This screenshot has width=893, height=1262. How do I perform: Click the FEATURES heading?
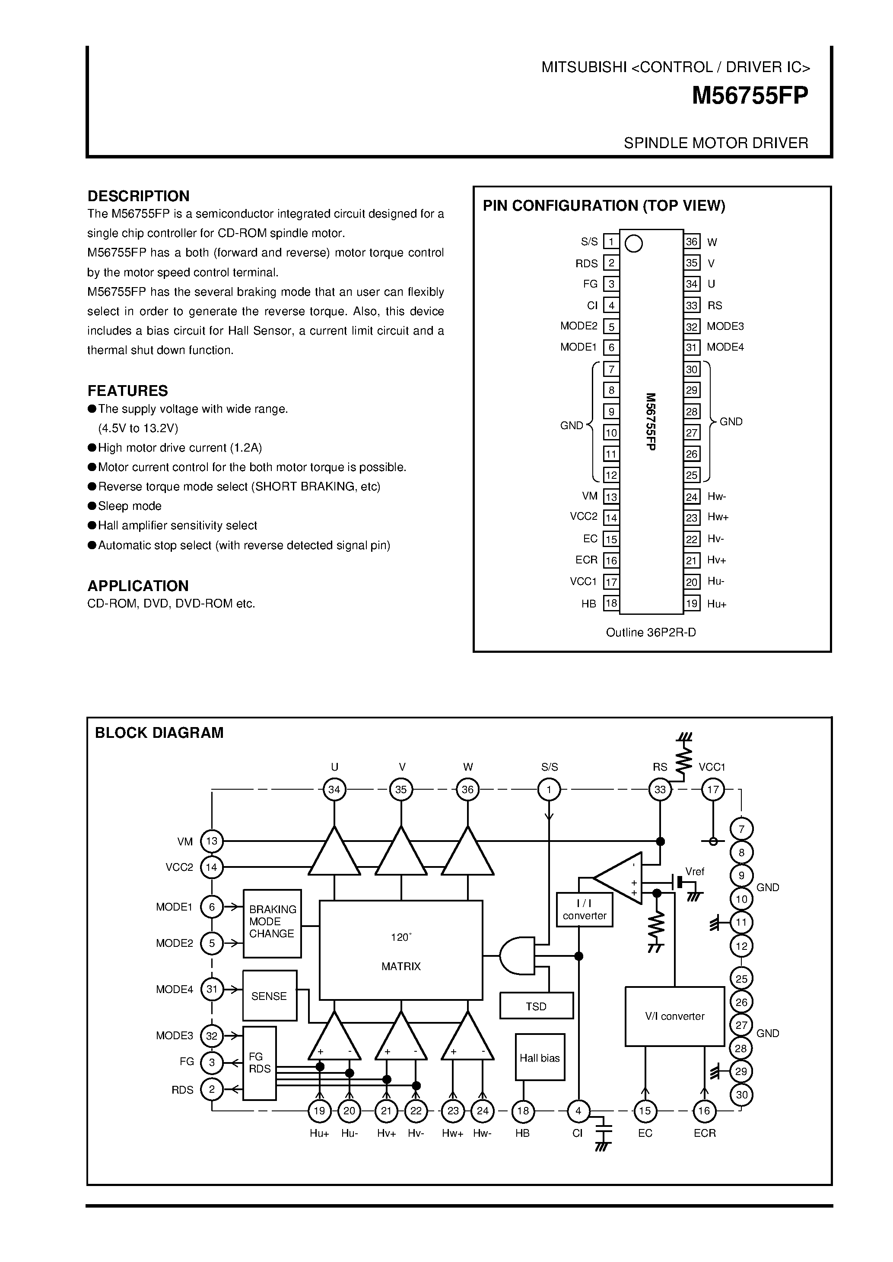(127, 391)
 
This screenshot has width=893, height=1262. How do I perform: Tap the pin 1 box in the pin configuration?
(611, 241)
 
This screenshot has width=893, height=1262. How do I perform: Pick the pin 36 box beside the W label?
(691, 241)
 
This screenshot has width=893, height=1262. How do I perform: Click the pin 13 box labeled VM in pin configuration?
(611, 497)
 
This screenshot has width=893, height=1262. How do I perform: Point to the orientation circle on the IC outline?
(634, 244)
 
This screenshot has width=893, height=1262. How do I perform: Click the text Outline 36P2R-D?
(651, 633)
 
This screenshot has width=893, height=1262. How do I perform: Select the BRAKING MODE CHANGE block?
(272, 924)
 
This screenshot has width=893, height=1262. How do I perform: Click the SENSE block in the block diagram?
(270, 996)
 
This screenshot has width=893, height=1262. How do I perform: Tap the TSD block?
(536, 1006)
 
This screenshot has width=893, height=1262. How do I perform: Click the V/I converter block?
(675, 1016)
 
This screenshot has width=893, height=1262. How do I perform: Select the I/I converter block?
(584, 910)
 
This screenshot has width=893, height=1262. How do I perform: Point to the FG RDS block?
(260, 1063)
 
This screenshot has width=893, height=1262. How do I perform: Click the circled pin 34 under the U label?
(334, 790)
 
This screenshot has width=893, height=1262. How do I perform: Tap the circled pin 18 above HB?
(523, 1111)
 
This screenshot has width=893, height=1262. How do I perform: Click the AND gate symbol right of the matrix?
(518, 955)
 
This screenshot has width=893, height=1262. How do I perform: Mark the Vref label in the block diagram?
(695, 872)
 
